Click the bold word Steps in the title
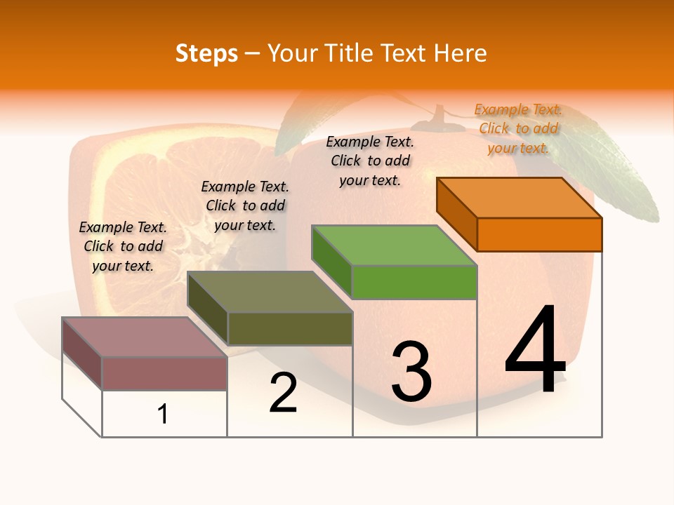(x=206, y=53)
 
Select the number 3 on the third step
(x=411, y=371)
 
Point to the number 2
(x=283, y=393)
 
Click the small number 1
(x=163, y=414)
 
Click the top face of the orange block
(x=520, y=197)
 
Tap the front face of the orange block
(x=539, y=234)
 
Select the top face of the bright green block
(x=395, y=245)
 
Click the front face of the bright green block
(x=414, y=282)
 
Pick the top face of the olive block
(x=270, y=292)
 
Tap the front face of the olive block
(x=290, y=328)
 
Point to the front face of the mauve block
(x=164, y=373)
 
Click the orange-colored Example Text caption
(x=518, y=128)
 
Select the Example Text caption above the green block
(x=370, y=161)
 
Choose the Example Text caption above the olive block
(x=245, y=206)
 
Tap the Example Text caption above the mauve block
(x=123, y=246)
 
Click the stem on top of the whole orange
(x=440, y=117)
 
